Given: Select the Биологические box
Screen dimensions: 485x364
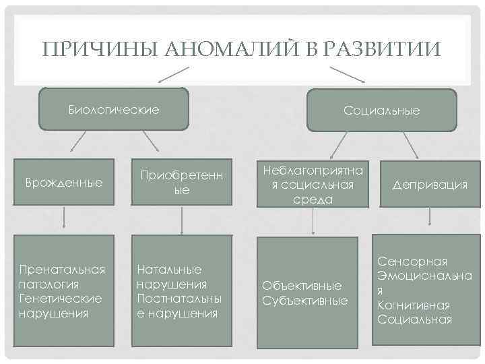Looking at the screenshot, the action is pyautogui.click(x=114, y=109).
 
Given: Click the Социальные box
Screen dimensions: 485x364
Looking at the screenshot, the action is pyautogui.click(x=381, y=110).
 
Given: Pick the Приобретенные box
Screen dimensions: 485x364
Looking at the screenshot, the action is pyautogui.click(x=182, y=183).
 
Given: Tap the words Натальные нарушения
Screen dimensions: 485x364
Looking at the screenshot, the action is pyautogui.click(x=172, y=276).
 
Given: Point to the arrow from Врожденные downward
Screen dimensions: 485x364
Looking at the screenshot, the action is pyautogui.click(x=64, y=217).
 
